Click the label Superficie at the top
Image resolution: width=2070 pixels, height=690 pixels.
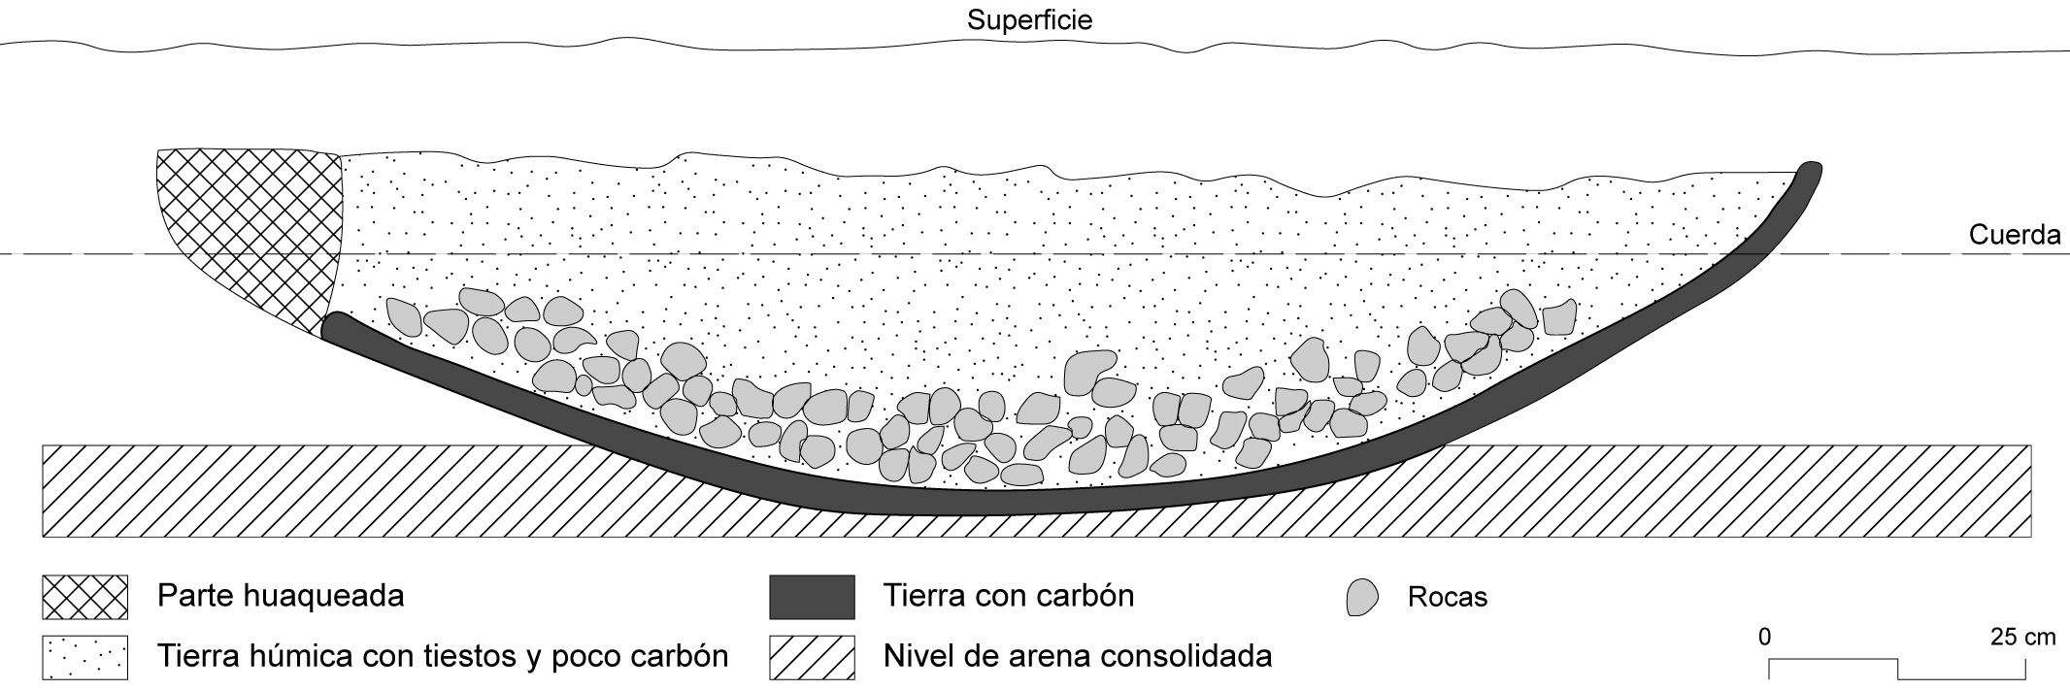1029,20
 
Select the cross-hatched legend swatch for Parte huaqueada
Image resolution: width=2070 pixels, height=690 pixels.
84,597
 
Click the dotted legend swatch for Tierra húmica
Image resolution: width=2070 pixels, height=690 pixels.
84,657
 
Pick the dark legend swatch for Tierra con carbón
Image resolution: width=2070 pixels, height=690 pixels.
812,597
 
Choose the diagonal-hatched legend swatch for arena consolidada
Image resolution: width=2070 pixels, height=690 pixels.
812,657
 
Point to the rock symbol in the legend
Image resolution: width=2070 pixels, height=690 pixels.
1362,597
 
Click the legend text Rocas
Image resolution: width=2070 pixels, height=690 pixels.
1447,597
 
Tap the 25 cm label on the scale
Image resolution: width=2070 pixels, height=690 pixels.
2022,638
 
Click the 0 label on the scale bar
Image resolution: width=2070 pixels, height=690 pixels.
1764,638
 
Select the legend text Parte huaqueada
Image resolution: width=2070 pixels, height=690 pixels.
281,595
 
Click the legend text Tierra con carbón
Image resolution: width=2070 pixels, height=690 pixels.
1008,595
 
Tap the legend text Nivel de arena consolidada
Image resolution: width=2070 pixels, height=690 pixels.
1077,656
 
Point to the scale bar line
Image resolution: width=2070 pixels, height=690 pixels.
1897,668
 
